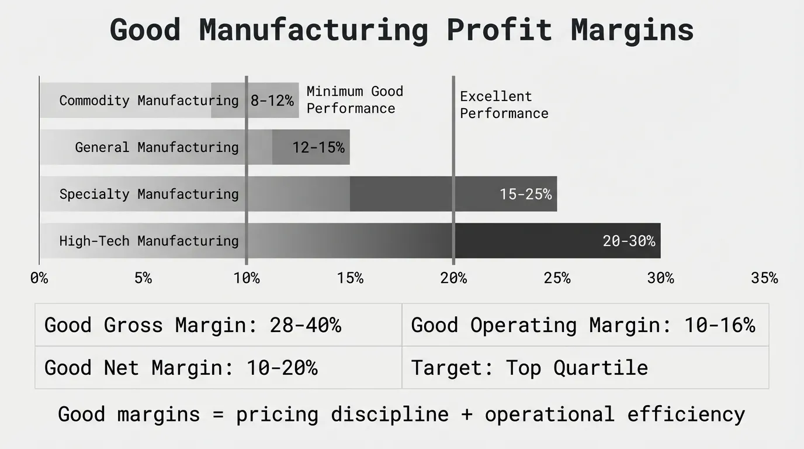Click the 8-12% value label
272,101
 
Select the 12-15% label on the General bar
318,147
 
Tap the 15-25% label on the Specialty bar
525,194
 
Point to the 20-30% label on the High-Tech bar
629,241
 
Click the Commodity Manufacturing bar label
149,101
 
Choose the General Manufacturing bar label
157,147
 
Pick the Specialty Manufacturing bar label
149,194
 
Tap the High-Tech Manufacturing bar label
149,241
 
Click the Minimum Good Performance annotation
355,100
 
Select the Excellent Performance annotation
504,105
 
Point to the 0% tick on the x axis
39,278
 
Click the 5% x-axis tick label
143,278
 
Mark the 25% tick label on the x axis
557,278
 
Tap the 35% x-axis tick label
764,278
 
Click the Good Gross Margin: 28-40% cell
193,325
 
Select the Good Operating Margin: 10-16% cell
583,325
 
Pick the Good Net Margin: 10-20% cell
181,368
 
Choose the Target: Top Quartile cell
529,368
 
